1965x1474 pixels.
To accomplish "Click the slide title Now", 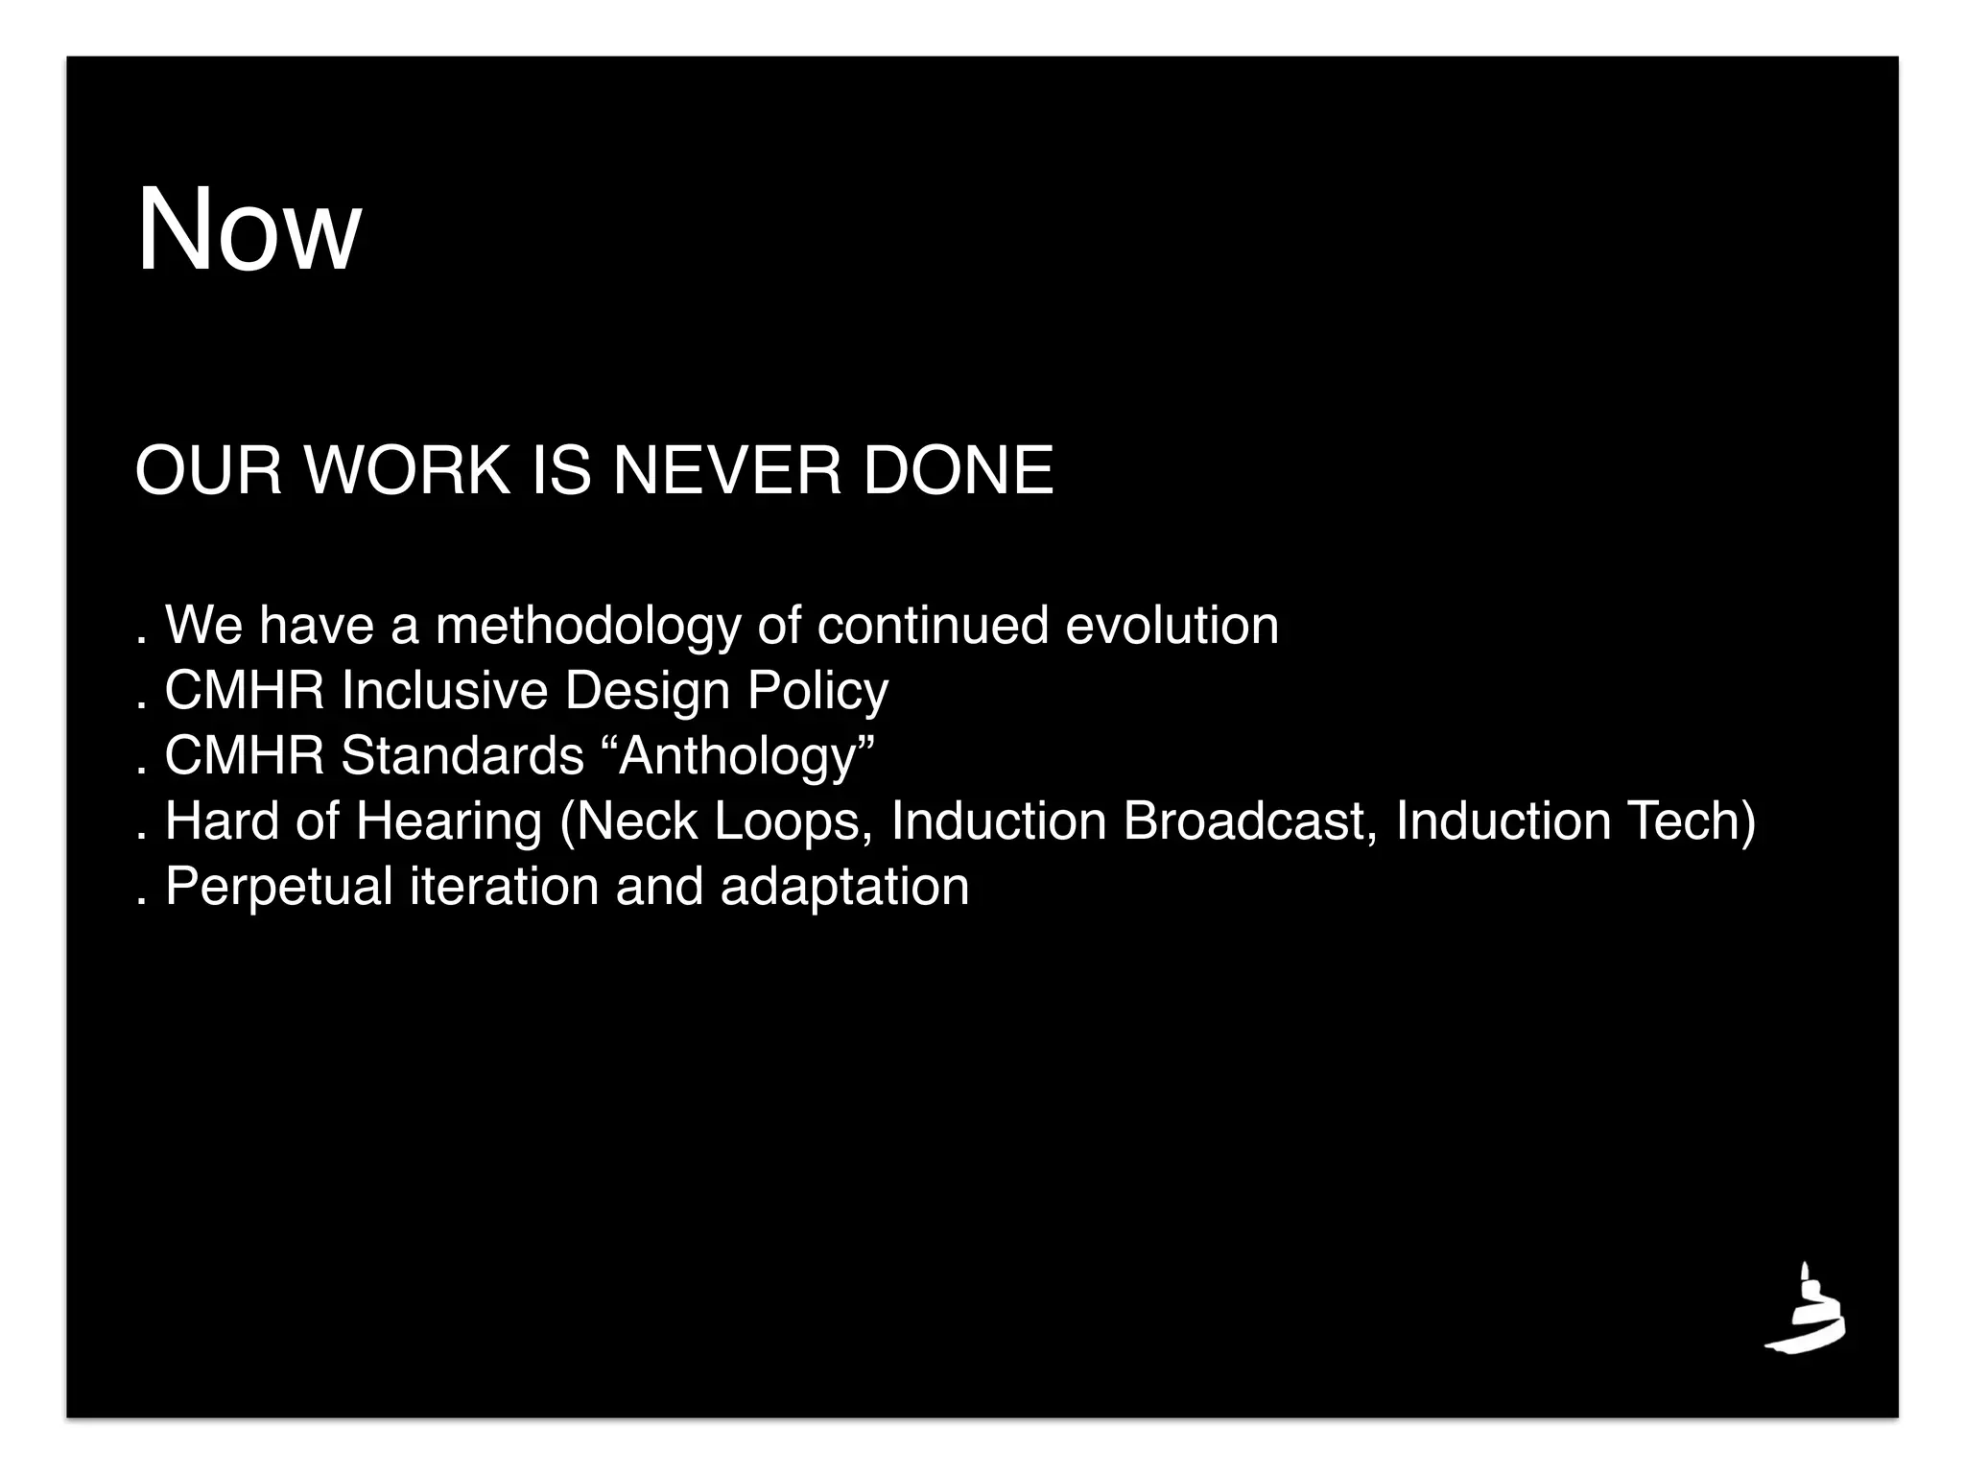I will point(249,230).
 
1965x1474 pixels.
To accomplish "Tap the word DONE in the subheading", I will point(958,471).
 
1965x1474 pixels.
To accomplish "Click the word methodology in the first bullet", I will point(588,627).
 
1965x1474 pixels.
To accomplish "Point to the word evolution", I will point(1172,627).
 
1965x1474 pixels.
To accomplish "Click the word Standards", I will point(462,756).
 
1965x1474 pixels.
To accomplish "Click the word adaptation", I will point(844,888).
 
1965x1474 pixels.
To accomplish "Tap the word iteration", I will point(505,887).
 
